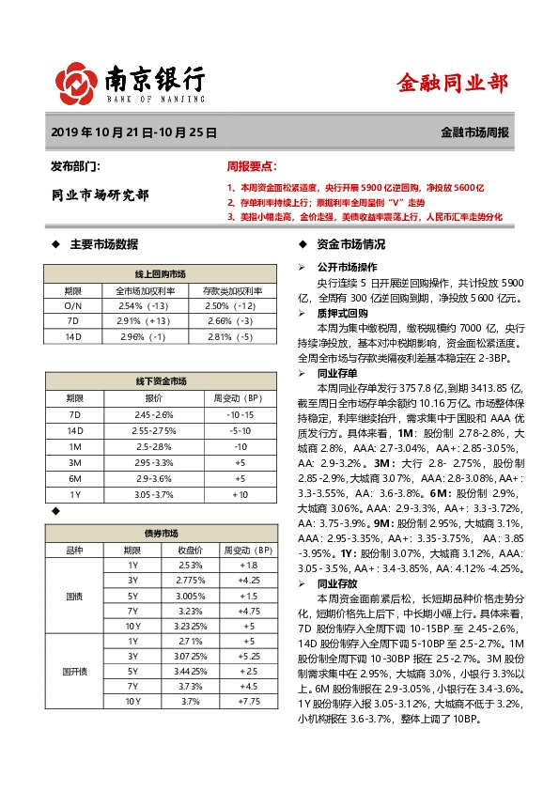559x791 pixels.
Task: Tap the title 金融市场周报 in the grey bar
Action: point(475,133)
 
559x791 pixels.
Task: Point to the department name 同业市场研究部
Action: point(99,195)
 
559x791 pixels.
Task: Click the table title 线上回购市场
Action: point(161,273)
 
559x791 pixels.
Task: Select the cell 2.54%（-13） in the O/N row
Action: point(143,305)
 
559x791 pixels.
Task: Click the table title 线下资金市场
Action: point(161,381)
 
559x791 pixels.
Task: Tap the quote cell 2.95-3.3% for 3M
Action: point(154,463)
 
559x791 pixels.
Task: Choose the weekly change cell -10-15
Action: point(241,414)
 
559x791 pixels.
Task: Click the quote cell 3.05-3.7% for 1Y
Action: point(154,494)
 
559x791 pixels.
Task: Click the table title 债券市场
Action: point(161,532)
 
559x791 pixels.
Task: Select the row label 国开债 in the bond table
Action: point(72,672)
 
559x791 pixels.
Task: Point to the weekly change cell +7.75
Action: point(248,701)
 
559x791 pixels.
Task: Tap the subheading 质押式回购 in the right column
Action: point(342,313)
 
